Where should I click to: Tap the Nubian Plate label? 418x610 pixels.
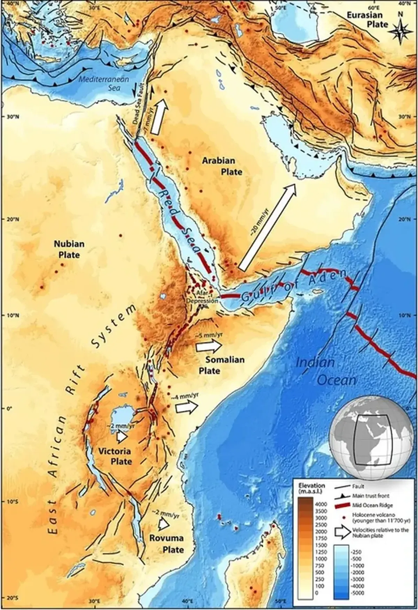[x=69, y=249]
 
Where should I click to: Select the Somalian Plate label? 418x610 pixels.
[x=222, y=365]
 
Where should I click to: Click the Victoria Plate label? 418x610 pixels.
[x=114, y=456]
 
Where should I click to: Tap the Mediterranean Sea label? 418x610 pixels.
[x=104, y=83]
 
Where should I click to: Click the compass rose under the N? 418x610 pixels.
[x=400, y=31]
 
